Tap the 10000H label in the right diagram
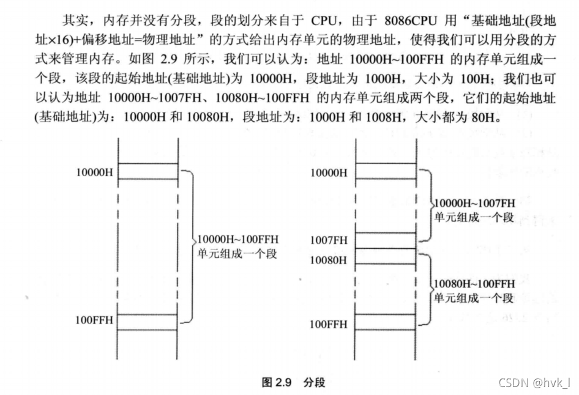tap(329, 172)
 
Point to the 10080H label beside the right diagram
tap(329, 260)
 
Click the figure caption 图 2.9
tap(276, 382)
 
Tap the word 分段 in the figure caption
tap(314, 382)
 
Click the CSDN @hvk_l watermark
tap(532, 383)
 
